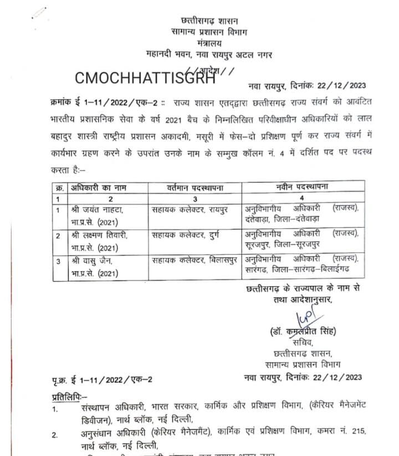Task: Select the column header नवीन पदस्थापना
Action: [x=301, y=187]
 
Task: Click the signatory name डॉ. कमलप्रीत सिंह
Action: [x=304, y=332]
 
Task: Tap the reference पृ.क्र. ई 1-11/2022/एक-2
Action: [x=101, y=378]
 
